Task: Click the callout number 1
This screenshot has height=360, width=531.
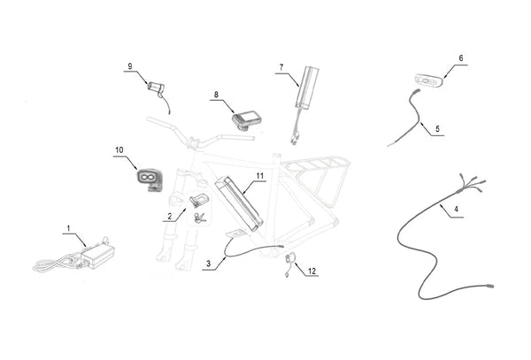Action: (68, 230)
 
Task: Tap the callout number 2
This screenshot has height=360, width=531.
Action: (167, 215)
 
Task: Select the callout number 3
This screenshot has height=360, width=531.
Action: (207, 264)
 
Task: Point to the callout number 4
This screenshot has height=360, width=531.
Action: (456, 211)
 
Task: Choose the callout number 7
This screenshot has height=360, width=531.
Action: (281, 67)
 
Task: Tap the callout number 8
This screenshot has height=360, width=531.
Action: (216, 94)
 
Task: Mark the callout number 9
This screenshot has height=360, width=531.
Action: (130, 66)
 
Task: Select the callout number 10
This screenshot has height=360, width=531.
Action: (119, 151)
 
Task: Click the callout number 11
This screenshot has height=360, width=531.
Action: (260, 177)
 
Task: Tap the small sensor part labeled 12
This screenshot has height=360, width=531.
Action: (290, 259)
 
